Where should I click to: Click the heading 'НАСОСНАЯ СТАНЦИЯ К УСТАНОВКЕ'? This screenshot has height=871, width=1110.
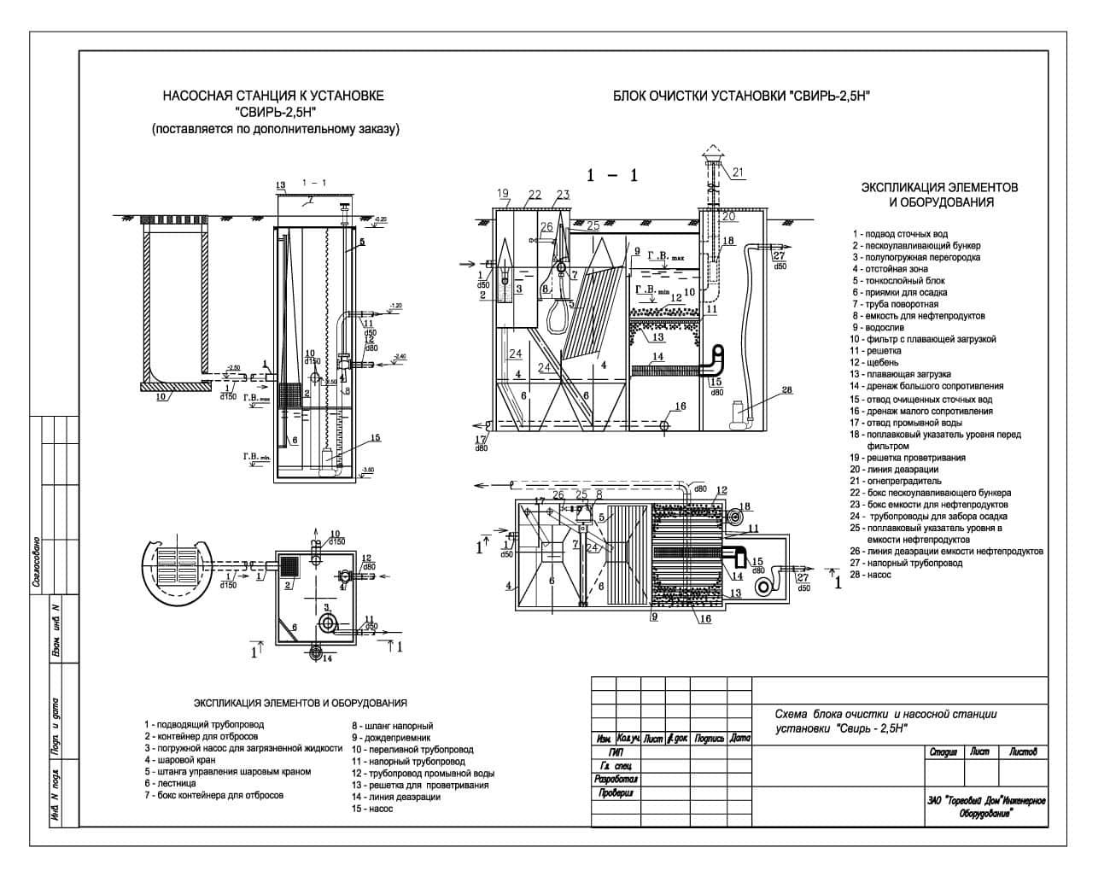point(273,96)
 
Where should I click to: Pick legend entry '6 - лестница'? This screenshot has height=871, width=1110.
point(171,783)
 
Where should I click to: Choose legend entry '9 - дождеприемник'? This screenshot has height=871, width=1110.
point(392,737)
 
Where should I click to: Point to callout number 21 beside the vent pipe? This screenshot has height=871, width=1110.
point(738,172)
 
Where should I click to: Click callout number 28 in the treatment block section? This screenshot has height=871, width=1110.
point(786,390)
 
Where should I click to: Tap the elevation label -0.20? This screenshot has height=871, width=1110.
point(380,219)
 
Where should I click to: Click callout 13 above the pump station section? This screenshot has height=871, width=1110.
point(280,185)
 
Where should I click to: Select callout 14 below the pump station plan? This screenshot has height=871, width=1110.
point(326,658)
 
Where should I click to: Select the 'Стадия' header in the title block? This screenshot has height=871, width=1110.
point(943,752)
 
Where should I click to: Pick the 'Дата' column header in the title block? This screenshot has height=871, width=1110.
point(739,739)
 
